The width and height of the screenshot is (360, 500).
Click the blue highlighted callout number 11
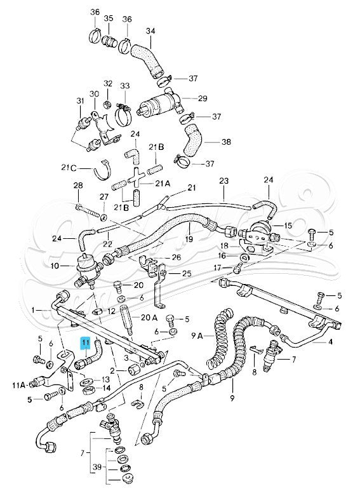coord(85,343)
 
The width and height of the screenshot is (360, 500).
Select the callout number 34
coord(150,30)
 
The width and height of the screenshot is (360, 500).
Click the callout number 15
coord(288,226)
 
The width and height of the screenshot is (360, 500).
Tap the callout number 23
coord(224,181)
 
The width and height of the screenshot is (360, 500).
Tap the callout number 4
coord(330,343)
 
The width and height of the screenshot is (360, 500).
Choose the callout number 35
coord(109,18)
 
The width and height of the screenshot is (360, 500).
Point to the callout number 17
coord(217,267)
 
